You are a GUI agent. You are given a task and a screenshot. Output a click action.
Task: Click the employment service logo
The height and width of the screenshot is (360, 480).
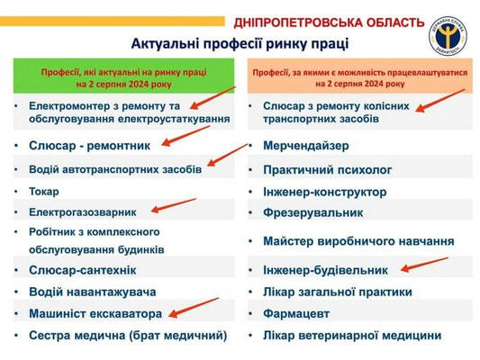click(448, 36)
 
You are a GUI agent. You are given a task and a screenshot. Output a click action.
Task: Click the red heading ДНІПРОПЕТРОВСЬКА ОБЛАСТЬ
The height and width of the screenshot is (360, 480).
click(329, 22)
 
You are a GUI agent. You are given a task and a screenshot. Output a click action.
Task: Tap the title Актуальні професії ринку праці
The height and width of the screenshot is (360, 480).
click(240, 43)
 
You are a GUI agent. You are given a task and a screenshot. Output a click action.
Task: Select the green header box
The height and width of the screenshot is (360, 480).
click(123, 76)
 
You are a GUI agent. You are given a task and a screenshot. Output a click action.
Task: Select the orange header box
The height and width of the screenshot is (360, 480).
click(360, 76)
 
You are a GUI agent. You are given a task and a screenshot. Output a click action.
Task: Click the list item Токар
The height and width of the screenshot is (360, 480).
click(44, 192)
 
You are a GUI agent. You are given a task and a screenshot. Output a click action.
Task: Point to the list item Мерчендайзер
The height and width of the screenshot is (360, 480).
click(306, 146)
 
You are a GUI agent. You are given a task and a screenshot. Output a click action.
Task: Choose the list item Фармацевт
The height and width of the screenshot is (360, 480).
click(296, 313)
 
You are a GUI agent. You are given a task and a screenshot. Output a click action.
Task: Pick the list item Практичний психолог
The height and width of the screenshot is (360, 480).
click(327, 170)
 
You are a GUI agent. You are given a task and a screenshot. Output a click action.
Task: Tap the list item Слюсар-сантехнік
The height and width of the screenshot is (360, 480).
click(83, 270)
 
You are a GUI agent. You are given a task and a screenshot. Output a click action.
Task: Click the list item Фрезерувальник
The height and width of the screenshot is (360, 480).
click(312, 212)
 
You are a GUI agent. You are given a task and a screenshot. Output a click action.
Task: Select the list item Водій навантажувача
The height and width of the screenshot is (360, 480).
click(93, 292)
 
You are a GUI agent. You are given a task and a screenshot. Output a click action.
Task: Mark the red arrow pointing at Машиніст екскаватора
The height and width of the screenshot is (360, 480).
click(194, 308)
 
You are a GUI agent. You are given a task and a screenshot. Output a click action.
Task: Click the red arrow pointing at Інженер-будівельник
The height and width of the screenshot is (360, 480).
click(424, 265)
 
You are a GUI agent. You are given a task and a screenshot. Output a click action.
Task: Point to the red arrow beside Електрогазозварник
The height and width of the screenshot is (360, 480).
click(174, 205)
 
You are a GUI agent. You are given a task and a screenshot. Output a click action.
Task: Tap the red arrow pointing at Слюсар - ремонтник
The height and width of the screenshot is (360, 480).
click(186, 136)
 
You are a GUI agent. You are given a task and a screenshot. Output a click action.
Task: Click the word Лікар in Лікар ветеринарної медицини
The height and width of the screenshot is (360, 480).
click(278, 336)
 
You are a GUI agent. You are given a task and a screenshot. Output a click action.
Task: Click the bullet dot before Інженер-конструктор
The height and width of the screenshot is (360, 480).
click(250, 193)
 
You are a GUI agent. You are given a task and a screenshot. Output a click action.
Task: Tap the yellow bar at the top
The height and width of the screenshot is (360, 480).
click(112, 21)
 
